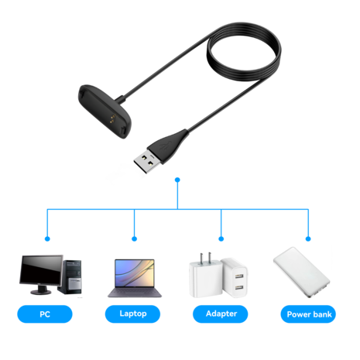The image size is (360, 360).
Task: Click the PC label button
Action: pos(46,314)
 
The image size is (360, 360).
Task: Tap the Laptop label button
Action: pos(135,314)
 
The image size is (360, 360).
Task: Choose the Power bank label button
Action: pos(310,314)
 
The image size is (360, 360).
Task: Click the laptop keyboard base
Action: pos(135,293)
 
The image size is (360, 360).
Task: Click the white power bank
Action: pos(303,275)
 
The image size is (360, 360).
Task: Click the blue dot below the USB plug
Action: pos(178,180)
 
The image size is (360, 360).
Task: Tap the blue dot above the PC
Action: pos(46,238)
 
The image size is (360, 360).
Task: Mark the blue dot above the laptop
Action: pos(135,238)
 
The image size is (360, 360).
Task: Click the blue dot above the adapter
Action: pos(222,238)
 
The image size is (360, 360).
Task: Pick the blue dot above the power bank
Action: pos(308,238)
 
